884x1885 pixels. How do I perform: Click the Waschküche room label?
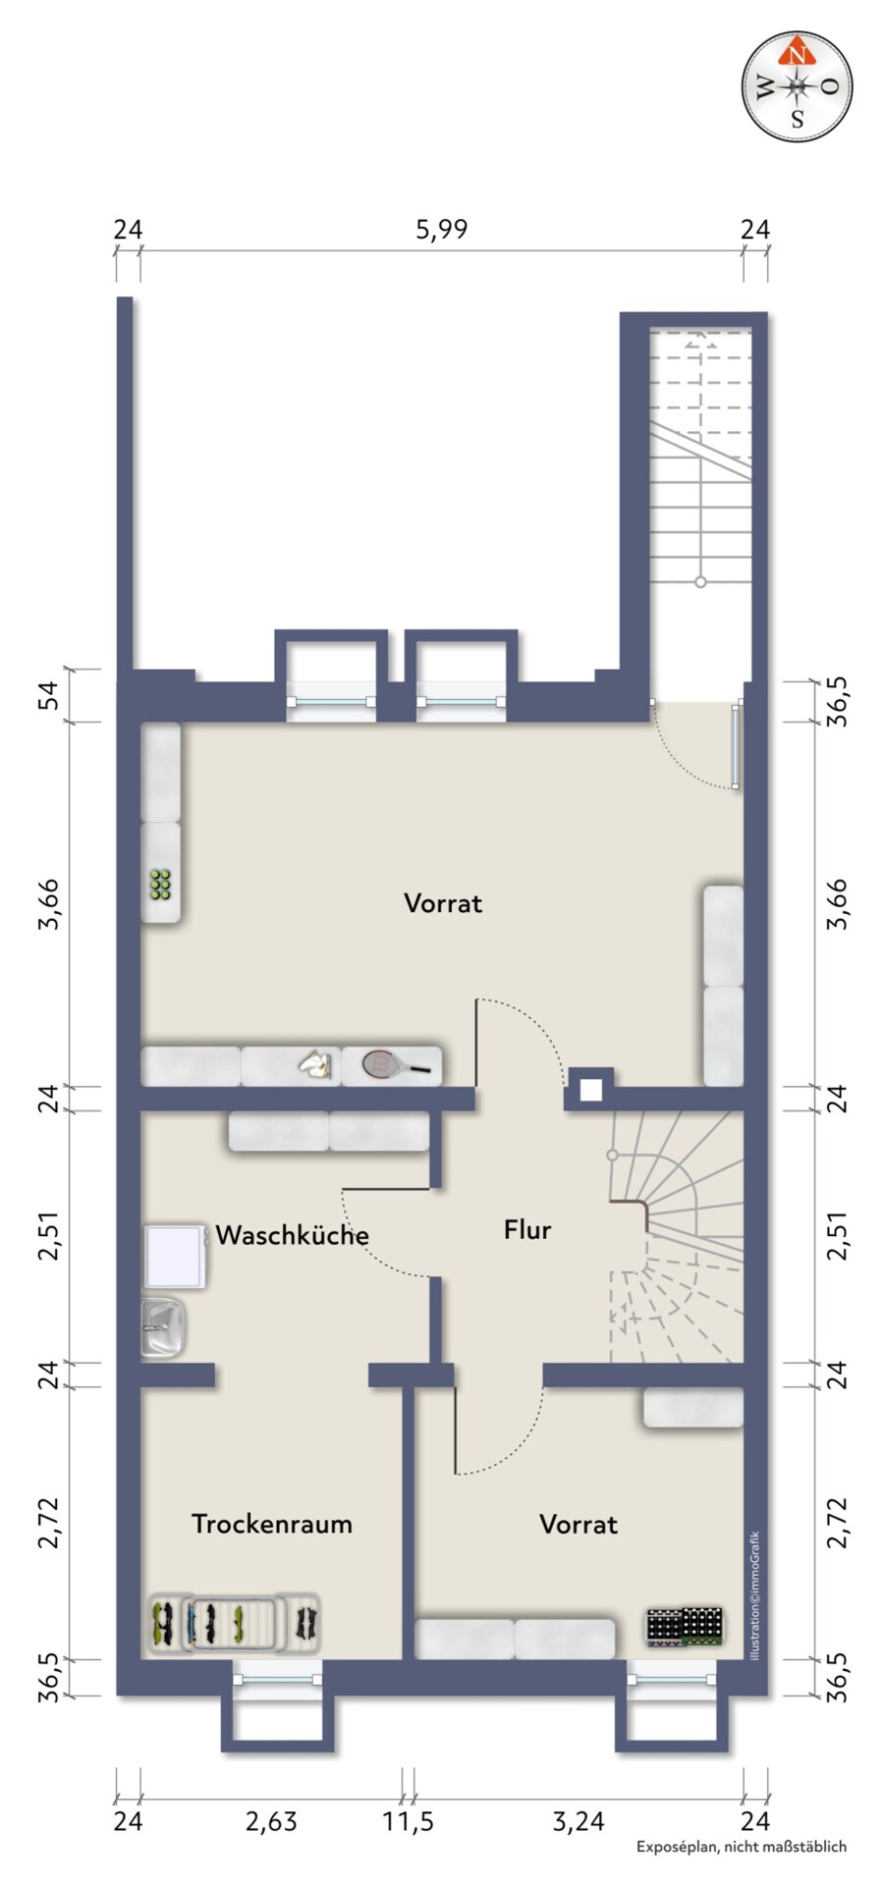[x=292, y=1234]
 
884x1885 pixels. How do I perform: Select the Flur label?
[x=527, y=1229]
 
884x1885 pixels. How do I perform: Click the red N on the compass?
[x=799, y=55]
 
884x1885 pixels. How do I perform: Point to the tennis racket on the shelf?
[x=397, y=1064]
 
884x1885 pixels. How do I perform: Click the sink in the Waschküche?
[x=163, y=1327]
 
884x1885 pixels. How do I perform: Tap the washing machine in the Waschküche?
[x=175, y=1256]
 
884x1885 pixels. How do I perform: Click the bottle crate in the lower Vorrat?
[x=685, y=1626]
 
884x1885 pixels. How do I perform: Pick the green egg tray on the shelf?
[x=161, y=885]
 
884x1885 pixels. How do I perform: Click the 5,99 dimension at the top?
[x=442, y=230]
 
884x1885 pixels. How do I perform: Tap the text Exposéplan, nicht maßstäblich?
[x=741, y=1847]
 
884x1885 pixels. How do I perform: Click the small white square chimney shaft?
[x=590, y=1090]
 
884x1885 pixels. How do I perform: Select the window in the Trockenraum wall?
[x=279, y=1680]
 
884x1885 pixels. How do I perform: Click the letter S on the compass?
[x=798, y=121]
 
